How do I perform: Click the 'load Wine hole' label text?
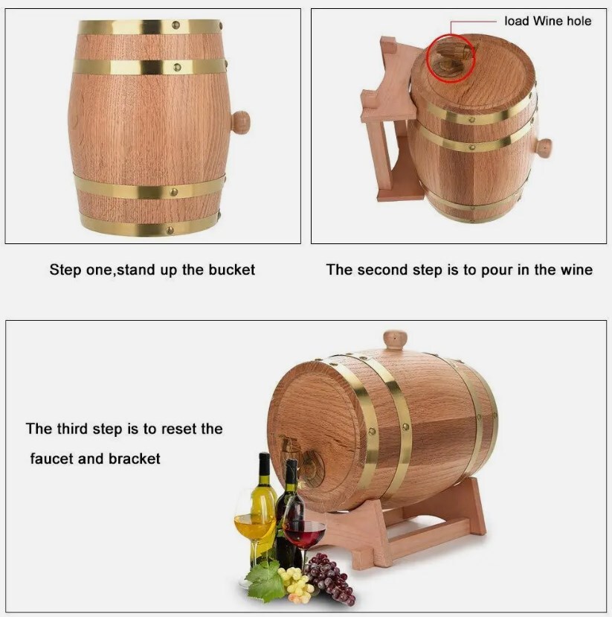point(547,21)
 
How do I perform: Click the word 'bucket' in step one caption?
point(231,270)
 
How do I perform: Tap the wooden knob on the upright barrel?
point(240,122)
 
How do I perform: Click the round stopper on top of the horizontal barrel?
point(396,340)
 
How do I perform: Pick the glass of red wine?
point(305,535)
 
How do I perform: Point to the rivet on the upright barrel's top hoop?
point(176,25)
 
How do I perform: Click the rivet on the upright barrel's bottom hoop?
point(170,230)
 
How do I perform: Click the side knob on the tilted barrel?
point(544,148)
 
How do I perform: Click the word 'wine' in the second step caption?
point(577,270)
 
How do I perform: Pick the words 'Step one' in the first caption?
point(81,270)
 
